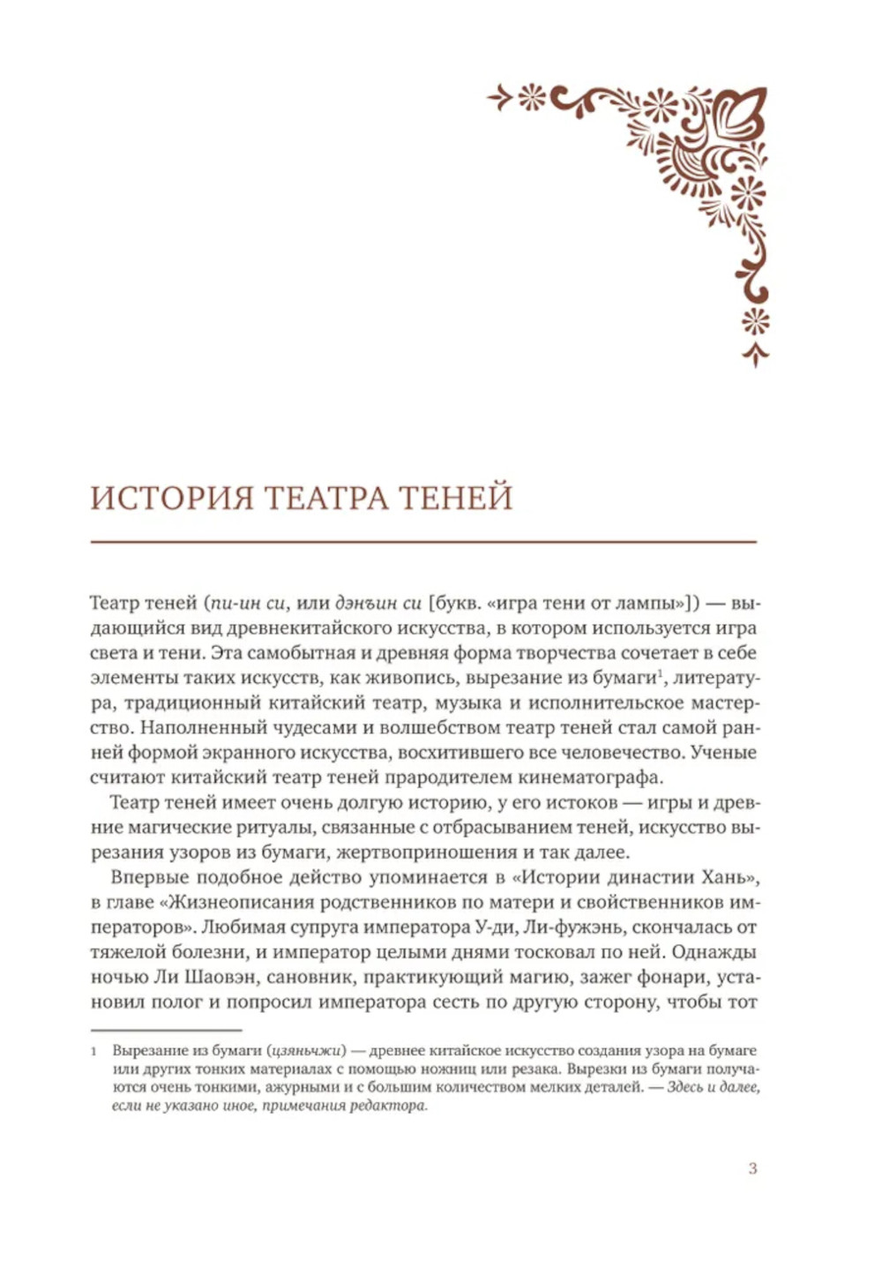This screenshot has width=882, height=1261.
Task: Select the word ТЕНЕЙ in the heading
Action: pos(459,499)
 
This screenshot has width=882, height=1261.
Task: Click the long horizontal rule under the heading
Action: pos(423,541)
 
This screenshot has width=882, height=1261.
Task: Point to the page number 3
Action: pos(752,1169)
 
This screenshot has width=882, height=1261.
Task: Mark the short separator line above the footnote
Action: pos(166,1029)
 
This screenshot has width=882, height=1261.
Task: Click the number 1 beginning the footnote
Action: pos(93,1052)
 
